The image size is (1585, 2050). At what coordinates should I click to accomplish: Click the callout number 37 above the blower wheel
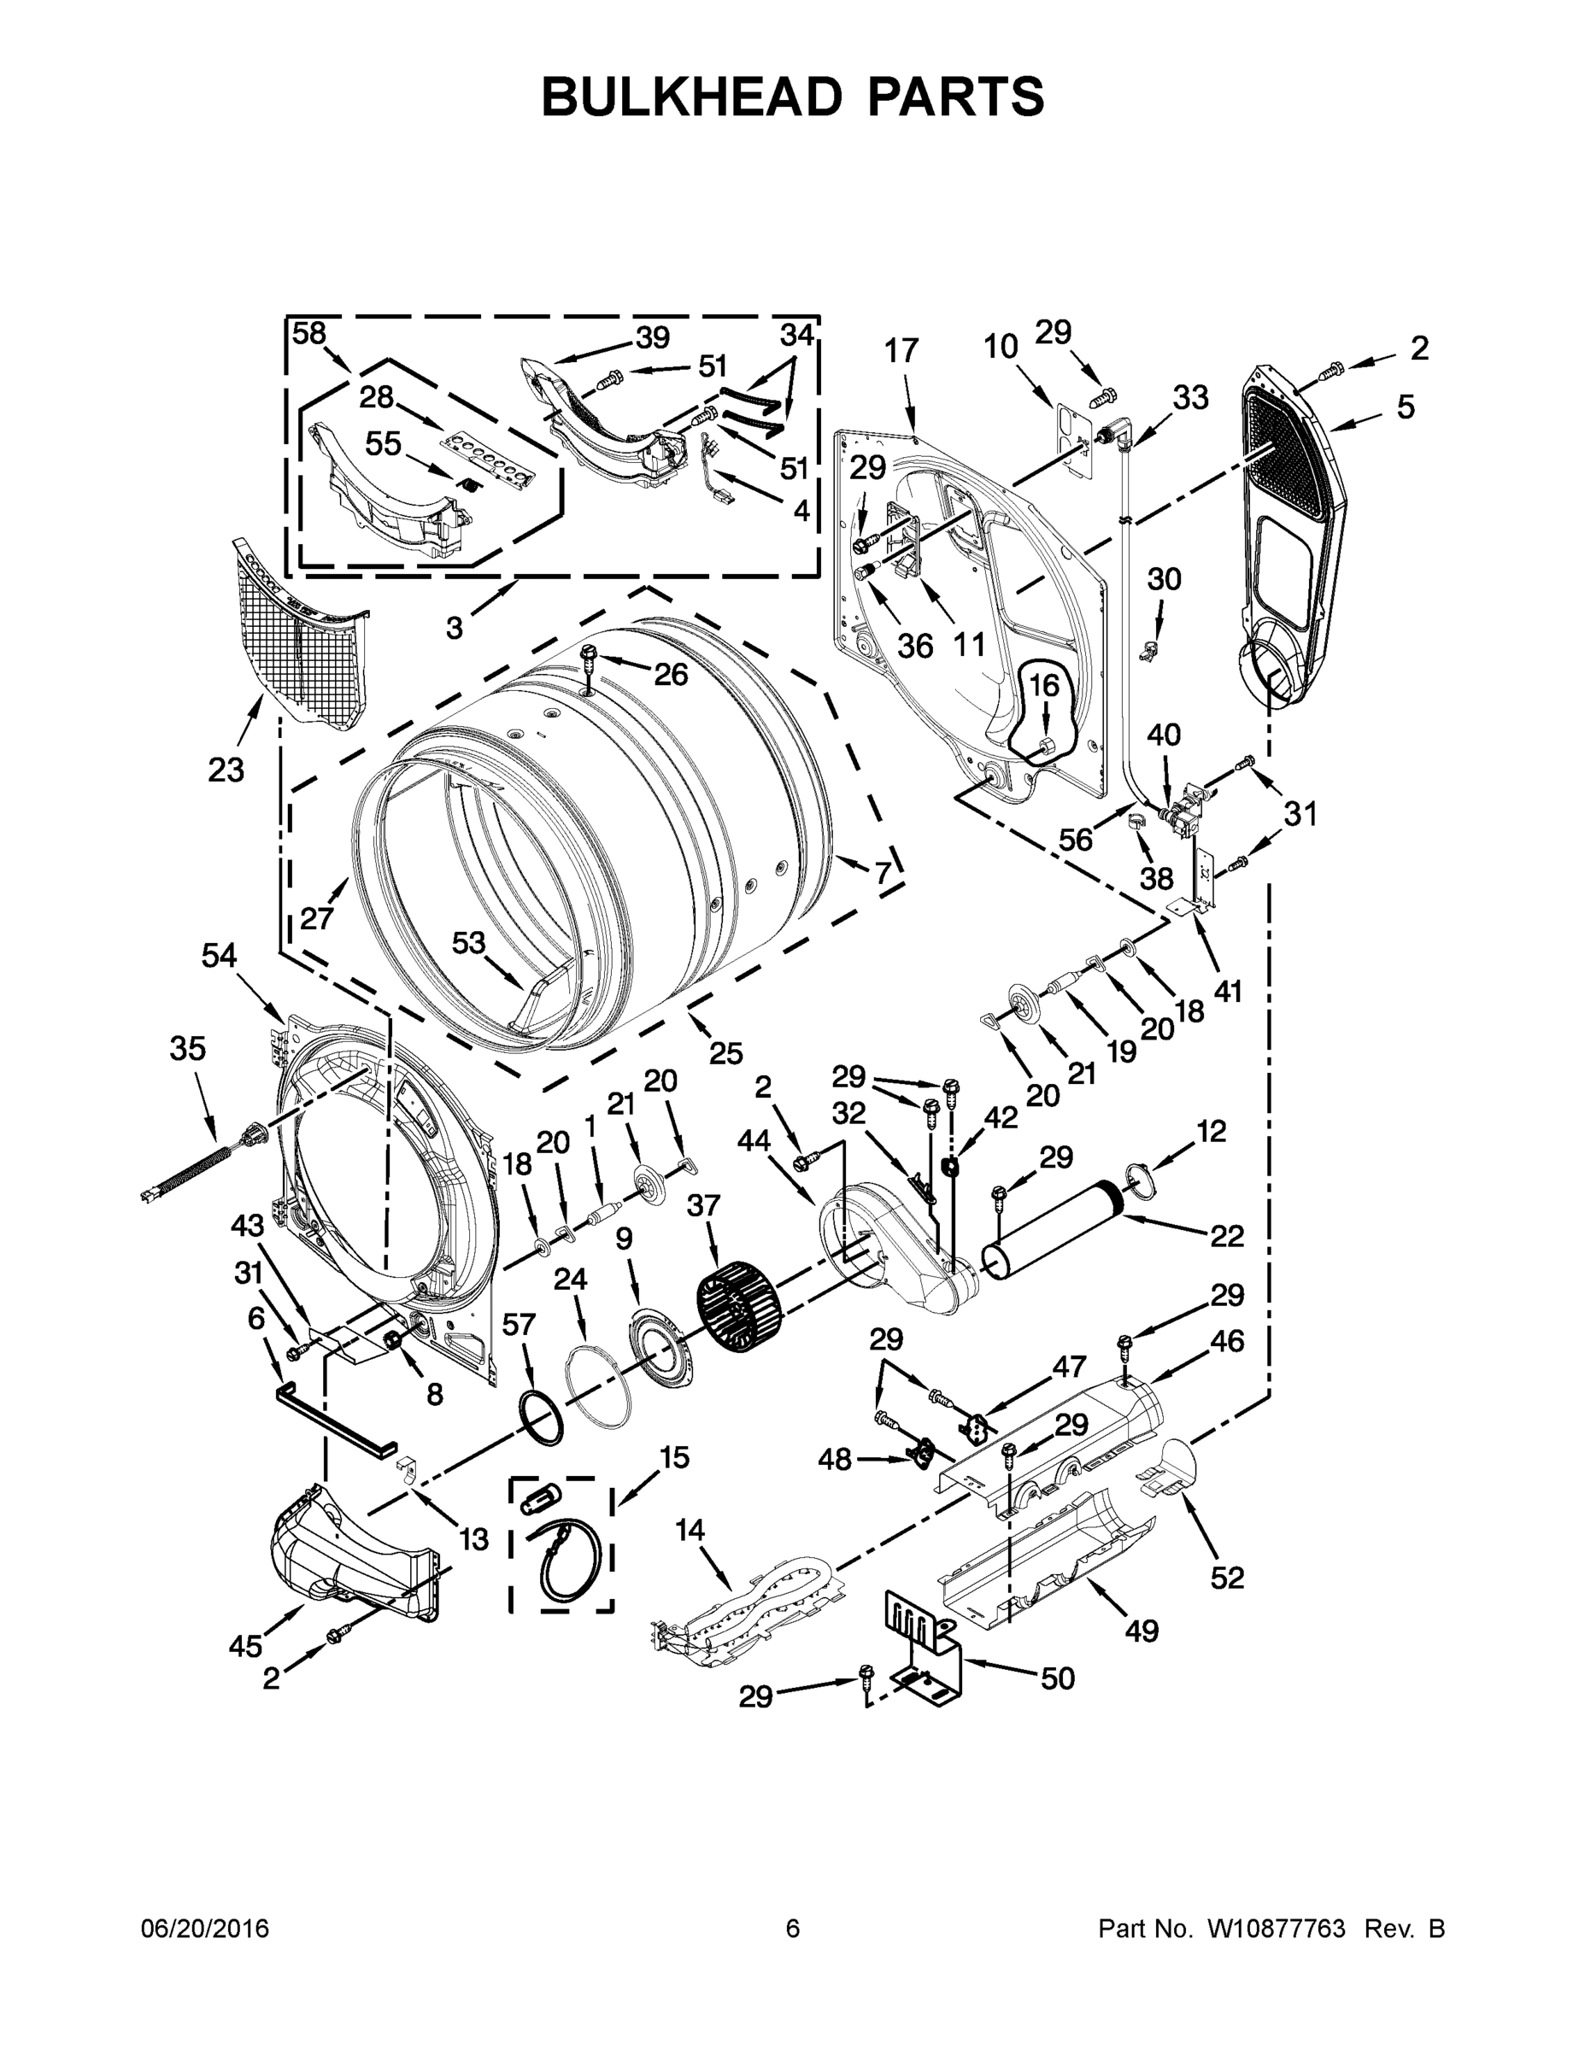pyautogui.click(x=704, y=1206)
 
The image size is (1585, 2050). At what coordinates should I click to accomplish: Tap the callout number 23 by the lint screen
pyautogui.click(x=226, y=770)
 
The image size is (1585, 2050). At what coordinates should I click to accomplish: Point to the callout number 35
pyautogui.click(x=188, y=1048)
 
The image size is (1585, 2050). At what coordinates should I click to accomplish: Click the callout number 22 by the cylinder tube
pyautogui.click(x=1226, y=1236)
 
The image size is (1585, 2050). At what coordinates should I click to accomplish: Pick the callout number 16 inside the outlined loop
pyautogui.click(x=1044, y=686)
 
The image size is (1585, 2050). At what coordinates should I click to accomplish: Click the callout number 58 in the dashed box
pyautogui.click(x=309, y=333)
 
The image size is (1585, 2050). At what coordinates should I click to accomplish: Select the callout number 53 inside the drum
pyautogui.click(x=469, y=941)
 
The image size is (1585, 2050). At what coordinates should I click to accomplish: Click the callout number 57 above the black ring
pyautogui.click(x=519, y=1325)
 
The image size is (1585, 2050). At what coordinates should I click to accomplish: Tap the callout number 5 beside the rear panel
pyautogui.click(x=1405, y=407)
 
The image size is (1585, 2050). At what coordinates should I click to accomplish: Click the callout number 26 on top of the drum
pyautogui.click(x=671, y=674)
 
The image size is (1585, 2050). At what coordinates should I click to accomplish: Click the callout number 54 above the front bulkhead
pyautogui.click(x=219, y=956)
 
